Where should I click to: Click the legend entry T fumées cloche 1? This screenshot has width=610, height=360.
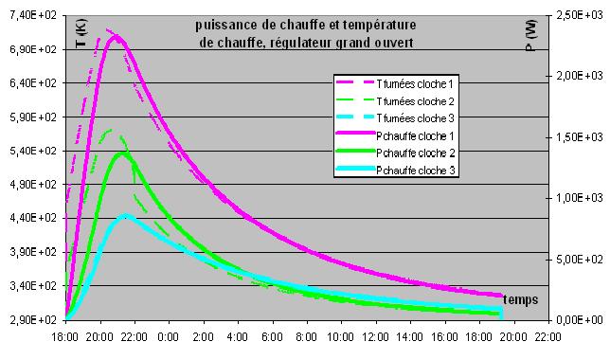(x=415, y=84)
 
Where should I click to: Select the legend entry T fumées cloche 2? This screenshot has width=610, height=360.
(x=416, y=101)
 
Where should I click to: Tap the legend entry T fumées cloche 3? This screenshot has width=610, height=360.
(x=416, y=118)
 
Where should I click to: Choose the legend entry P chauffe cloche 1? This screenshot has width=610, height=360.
(x=415, y=136)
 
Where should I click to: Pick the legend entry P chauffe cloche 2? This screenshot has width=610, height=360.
(x=416, y=153)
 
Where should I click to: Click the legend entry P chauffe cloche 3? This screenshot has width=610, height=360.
(x=416, y=171)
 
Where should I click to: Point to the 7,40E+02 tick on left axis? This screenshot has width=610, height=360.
(x=33, y=15)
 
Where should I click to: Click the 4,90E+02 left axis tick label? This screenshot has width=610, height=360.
(x=33, y=184)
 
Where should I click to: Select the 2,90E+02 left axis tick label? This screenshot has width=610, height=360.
(x=33, y=320)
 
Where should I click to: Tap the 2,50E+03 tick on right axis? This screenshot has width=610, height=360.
(x=580, y=15)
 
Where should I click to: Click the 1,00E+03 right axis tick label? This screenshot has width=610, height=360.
(x=580, y=198)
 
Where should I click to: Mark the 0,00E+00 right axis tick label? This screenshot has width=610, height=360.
(x=580, y=320)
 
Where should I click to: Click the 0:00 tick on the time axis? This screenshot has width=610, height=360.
(x=168, y=337)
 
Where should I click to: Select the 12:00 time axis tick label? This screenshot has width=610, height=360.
(x=375, y=337)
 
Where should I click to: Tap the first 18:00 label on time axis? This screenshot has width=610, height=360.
(x=65, y=337)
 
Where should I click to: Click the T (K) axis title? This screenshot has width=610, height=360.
(x=81, y=33)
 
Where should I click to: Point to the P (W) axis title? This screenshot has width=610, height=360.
(x=531, y=35)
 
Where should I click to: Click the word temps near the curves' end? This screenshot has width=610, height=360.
(x=521, y=299)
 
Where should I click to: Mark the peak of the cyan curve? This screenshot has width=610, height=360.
(x=125, y=215)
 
